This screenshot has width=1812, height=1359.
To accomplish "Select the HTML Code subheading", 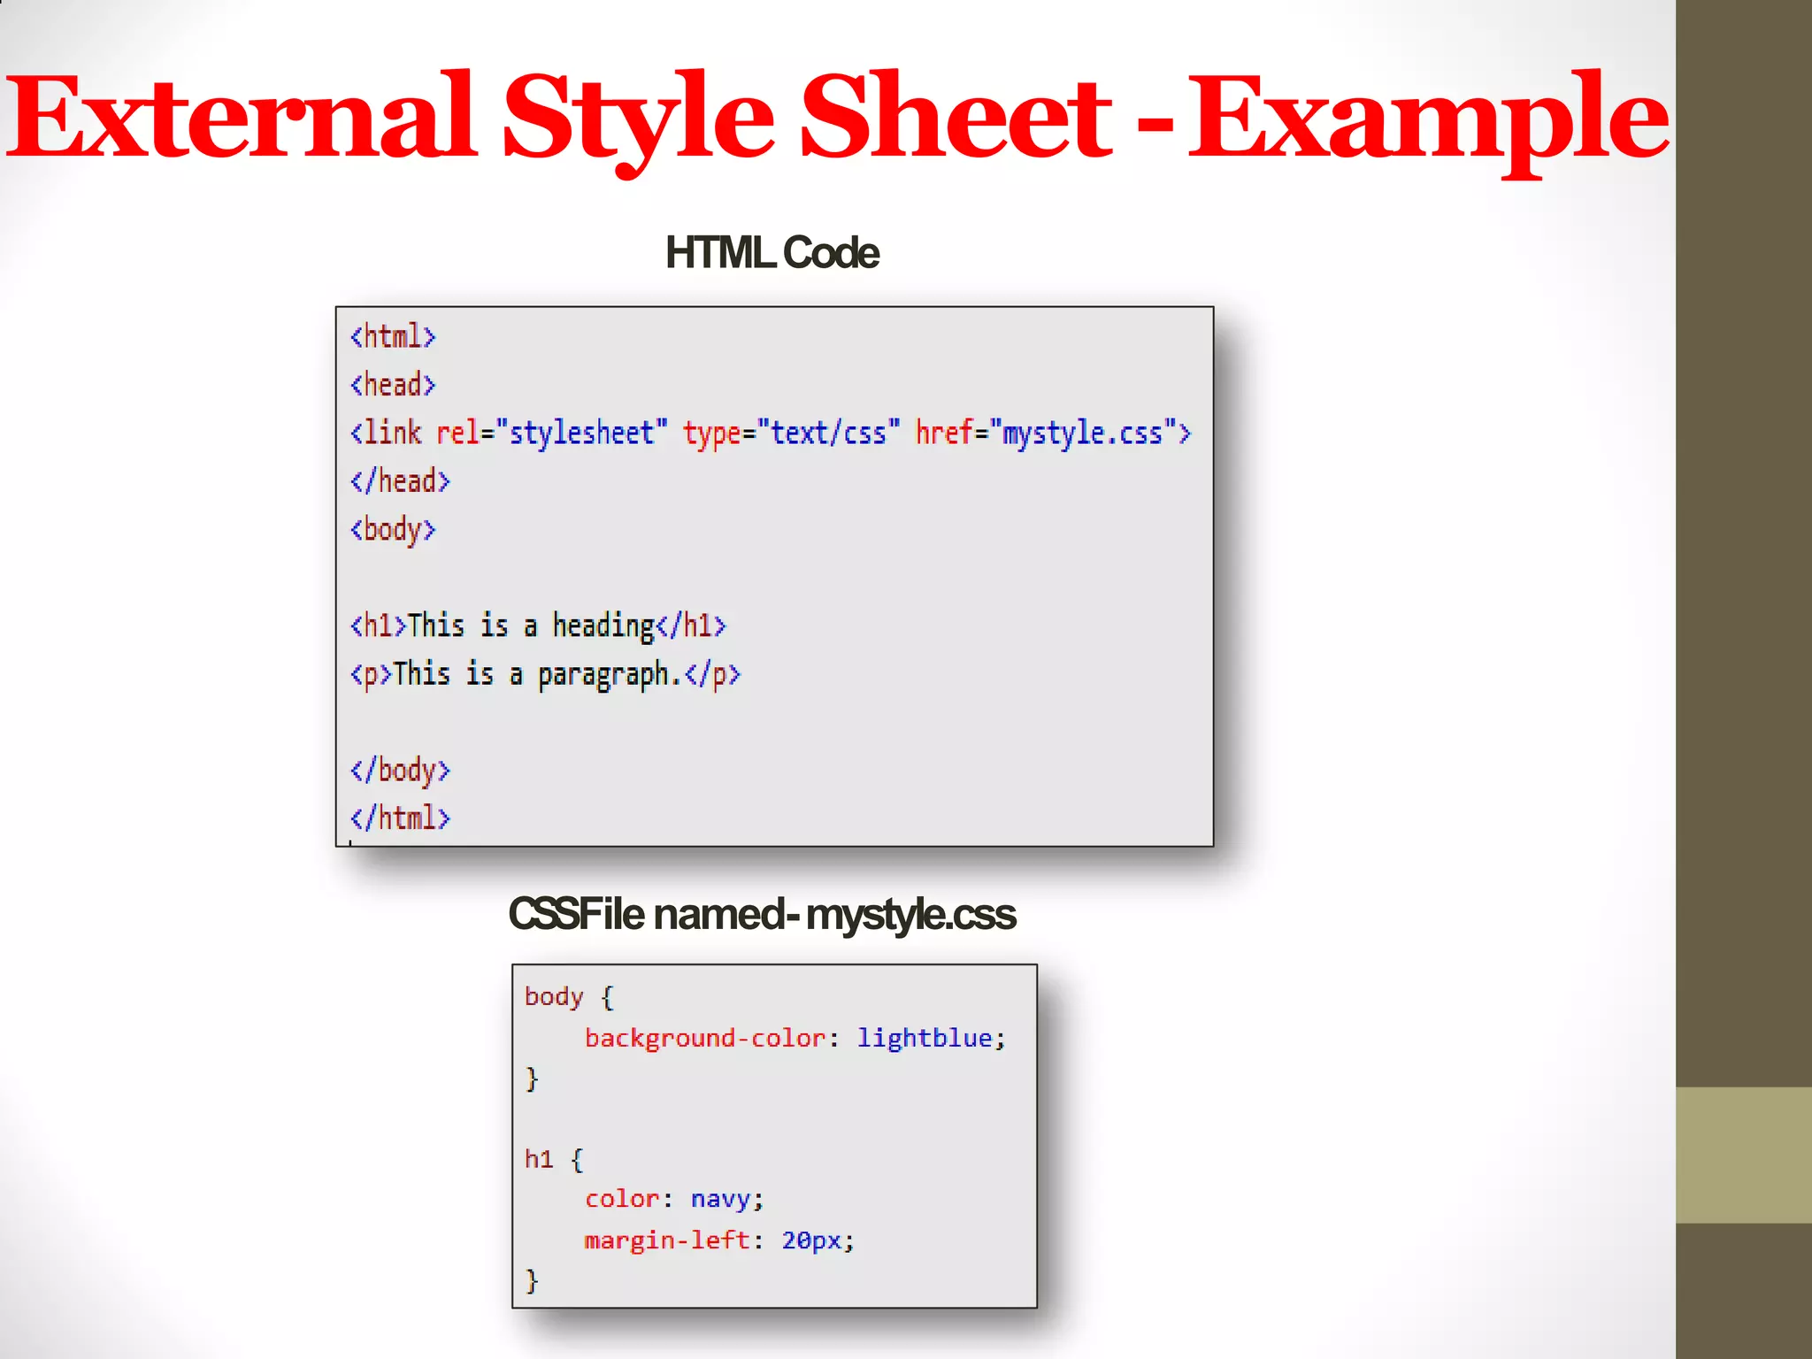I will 772,253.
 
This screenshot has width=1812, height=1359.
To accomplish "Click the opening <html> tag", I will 393,337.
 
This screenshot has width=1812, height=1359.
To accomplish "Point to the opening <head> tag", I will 393,385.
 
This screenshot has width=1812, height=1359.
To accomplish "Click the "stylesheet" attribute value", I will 581,434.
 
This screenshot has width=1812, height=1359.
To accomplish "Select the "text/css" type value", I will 828,434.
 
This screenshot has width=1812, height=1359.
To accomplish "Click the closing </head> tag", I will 400,481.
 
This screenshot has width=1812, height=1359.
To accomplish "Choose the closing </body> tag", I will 400,771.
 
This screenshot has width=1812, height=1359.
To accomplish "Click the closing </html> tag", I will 400,818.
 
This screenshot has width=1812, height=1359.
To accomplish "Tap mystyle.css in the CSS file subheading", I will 910,915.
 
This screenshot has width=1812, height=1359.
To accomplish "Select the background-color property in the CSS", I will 705,1038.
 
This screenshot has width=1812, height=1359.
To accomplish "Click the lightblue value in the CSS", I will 925,1038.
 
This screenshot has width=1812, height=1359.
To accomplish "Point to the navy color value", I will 720,1200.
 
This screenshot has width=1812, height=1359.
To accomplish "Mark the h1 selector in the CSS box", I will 538,1159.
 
